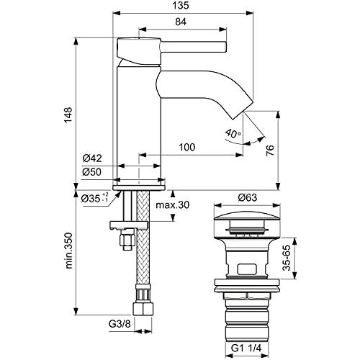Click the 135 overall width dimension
(x=181, y=5)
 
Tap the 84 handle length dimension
(x=181, y=22)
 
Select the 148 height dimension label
(x=68, y=114)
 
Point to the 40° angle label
(x=233, y=133)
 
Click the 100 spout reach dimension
(x=187, y=147)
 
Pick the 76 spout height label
(x=270, y=150)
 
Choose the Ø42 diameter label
(x=92, y=158)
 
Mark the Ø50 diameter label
(x=91, y=172)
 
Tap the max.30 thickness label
(x=173, y=204)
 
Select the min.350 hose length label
(x=68, y=251)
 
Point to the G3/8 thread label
(x=120, y=324)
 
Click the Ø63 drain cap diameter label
(x=248, y=197)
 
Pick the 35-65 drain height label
(x=287, y=258)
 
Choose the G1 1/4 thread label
(x=246, y=348)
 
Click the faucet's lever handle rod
(x=194, y=47)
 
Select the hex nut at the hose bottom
(x=143, y=309)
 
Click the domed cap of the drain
(x=247, y=216)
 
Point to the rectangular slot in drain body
(x=247, y=269)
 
